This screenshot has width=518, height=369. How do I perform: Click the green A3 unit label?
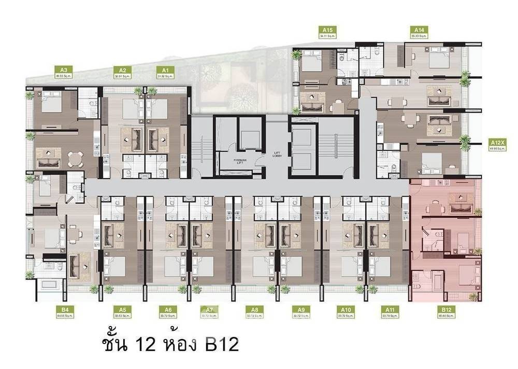point(63,70)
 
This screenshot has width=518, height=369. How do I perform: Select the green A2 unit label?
point(123,70)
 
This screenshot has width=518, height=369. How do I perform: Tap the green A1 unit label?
point(165,70)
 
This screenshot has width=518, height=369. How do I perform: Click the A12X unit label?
point(500,142)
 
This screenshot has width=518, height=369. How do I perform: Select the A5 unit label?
point(122,310)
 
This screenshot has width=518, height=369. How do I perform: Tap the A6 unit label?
point(168,310)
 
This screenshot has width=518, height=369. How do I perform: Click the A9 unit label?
point(300,310)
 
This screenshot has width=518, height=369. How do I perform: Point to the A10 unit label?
point(347,310)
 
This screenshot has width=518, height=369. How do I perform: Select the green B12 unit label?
point(445,310)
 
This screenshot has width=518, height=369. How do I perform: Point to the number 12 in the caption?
point(143,344)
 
